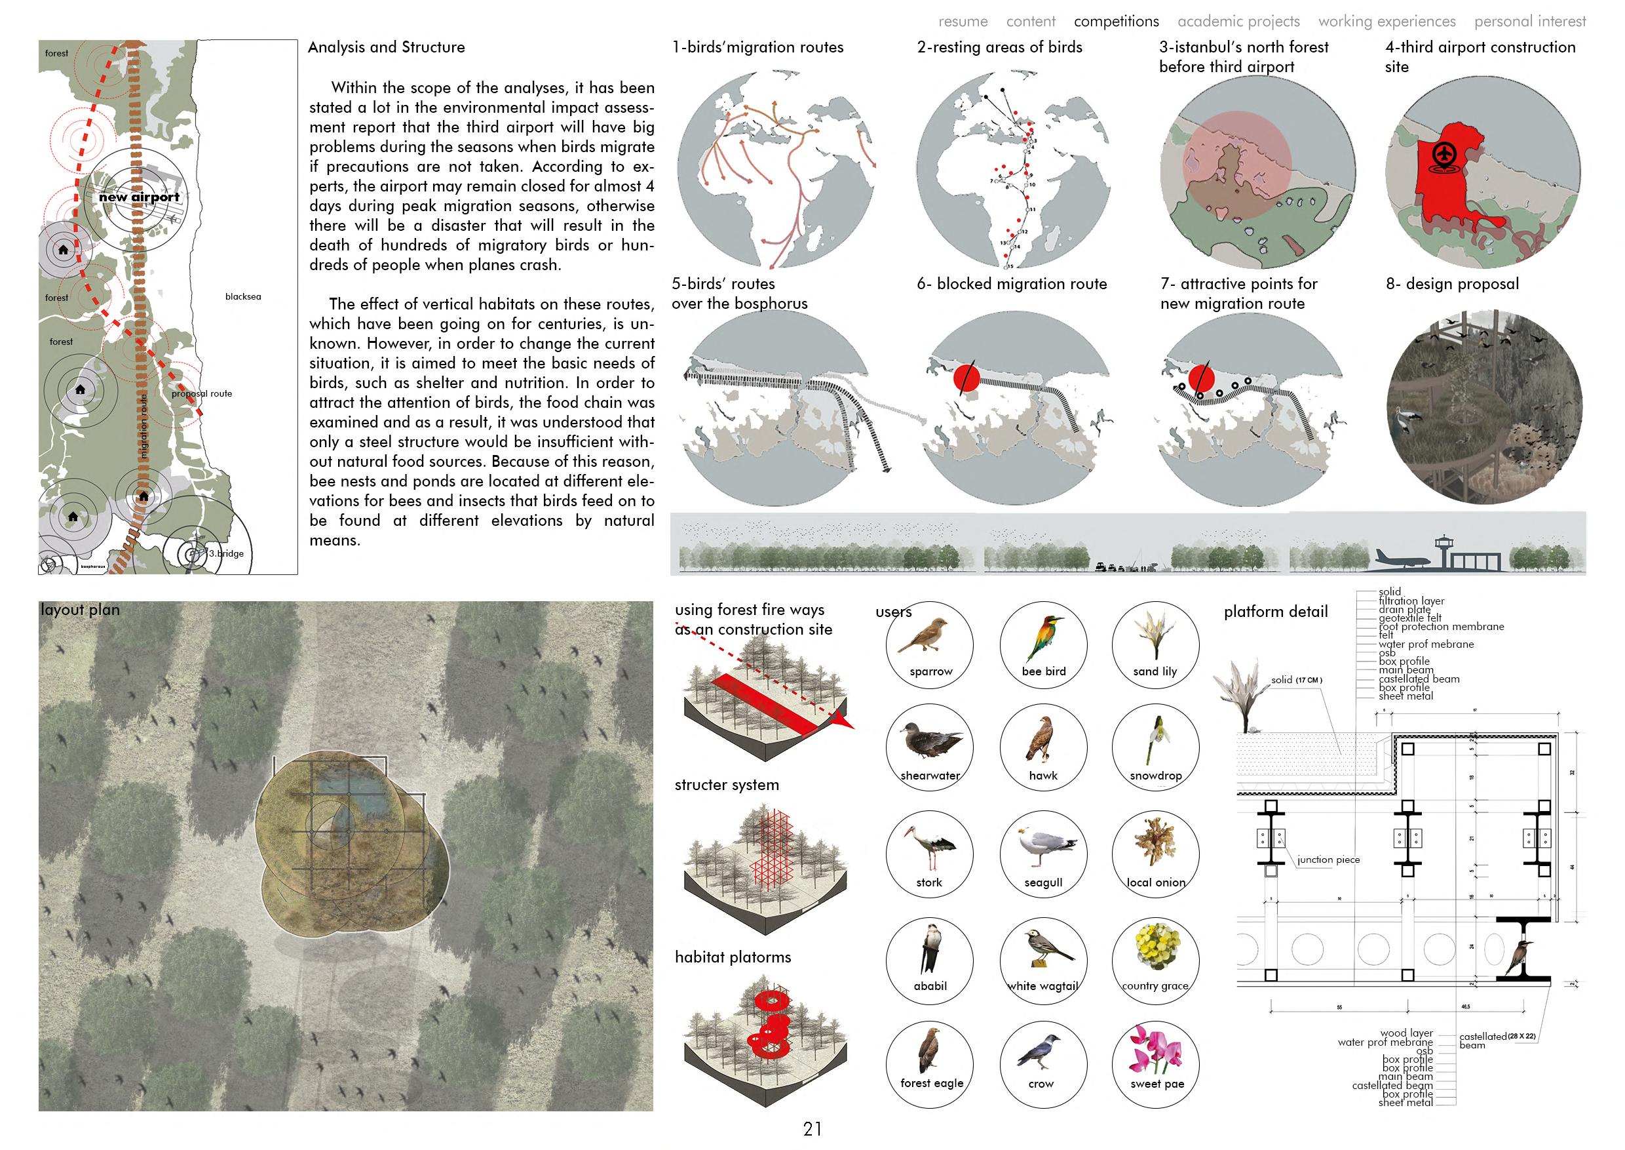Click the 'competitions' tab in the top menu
point(1116,21)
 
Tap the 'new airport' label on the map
point(140,197)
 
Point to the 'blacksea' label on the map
point(242,297)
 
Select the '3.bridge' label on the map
point(226,553)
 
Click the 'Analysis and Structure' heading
point(387,47)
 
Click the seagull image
point(1044,847)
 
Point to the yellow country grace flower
point(1155,946)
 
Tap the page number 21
point(812,1129)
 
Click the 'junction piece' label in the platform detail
point(1328,860)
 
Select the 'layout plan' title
point(80,610)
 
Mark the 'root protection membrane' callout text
point(1441,627)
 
